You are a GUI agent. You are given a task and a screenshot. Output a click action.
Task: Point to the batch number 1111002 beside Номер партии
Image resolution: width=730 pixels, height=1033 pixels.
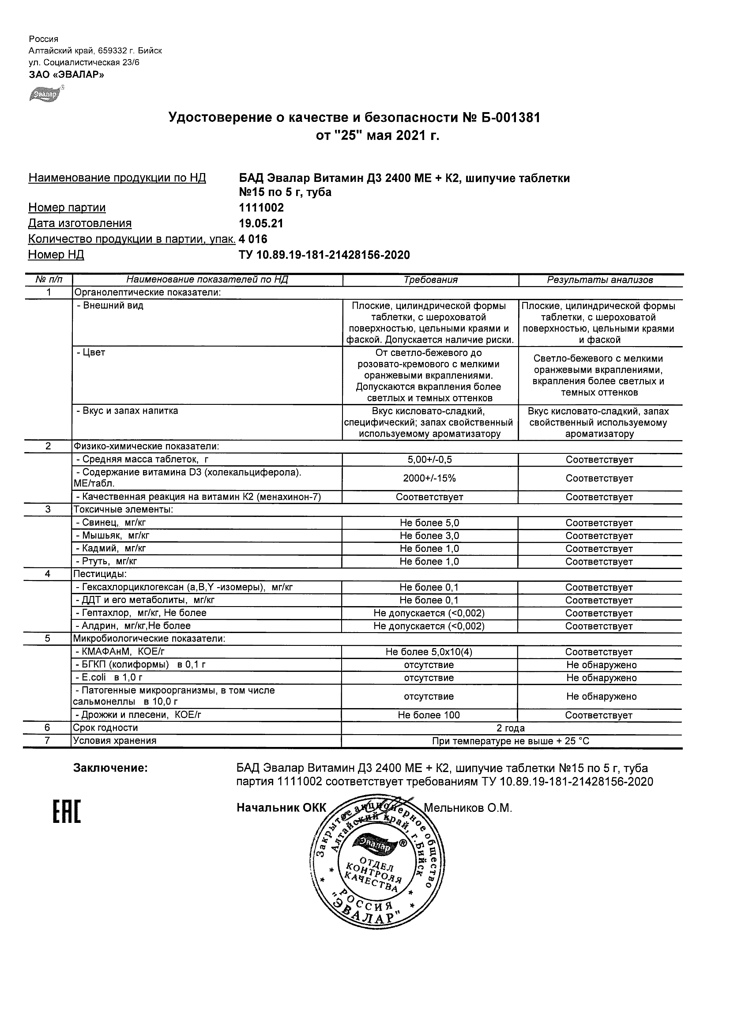tap(261, 208)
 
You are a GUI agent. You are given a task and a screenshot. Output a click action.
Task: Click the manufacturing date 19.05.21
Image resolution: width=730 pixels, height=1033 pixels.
tap(261, 224)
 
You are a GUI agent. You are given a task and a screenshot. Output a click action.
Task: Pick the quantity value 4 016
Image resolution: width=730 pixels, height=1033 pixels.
tap(253, 239)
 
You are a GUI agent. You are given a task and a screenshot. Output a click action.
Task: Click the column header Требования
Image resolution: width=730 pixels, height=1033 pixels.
tap(430, 280)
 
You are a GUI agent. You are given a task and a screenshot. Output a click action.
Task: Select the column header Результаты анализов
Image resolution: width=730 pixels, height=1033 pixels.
tap(600, 280)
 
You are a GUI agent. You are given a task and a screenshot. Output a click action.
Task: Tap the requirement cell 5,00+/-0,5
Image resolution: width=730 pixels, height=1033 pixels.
tap(429, 460)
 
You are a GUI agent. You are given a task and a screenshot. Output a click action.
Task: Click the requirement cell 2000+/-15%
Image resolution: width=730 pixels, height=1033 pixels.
tap(429, 478)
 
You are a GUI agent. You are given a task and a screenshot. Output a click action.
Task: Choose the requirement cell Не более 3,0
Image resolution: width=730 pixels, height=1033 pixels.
tap(429, 536)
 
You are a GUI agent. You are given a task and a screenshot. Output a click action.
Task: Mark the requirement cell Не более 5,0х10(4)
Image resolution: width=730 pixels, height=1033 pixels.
tap(429, 652)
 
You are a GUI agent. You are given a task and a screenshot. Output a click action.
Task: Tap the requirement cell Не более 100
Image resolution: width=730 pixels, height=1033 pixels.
tap(429, 715)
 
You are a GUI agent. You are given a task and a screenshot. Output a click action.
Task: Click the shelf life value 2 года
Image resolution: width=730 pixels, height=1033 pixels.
tap(511, 728)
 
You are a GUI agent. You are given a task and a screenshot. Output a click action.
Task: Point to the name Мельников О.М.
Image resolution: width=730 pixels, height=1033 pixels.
tap(468, 808)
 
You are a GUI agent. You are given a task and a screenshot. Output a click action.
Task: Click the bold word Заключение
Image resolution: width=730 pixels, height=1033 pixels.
tap(110, 768)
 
